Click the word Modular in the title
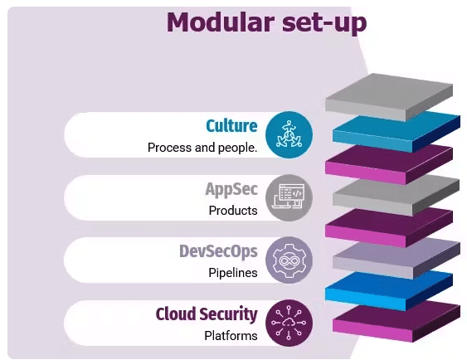[221, 22]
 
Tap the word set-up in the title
[324, 24]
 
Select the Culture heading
[231, 126]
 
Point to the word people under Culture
[237, 148]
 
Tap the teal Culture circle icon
[289, 134]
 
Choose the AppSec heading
[231, 189]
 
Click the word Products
[233, 211]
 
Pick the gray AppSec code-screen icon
[289, 197]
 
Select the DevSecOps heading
[218, 251]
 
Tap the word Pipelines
[233, 273]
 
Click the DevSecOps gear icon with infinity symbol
[289, 260]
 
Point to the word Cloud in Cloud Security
[176, 314]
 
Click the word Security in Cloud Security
[228, 314]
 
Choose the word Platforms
[231, 336]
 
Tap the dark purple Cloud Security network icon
[289, 323]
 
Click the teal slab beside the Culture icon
[396, 132]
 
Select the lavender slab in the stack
[396, 259]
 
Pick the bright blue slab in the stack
[389, 290]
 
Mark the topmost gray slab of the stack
[389, 97]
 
